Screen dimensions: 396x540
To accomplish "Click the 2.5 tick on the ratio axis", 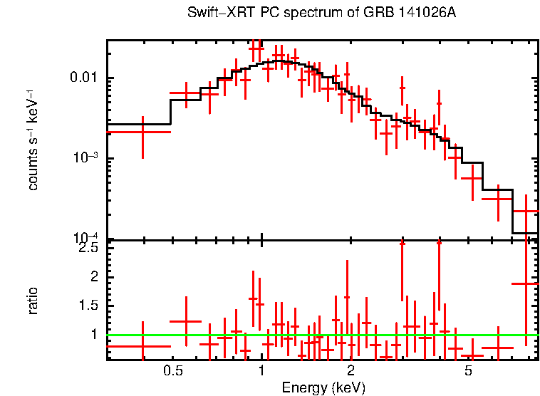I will (x=88, y=248).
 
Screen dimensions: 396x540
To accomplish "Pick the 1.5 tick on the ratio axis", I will (x=88, y=306).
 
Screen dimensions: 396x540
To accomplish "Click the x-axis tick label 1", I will (x=261, y=371).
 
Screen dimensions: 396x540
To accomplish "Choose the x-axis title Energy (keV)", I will (x=323, y=387).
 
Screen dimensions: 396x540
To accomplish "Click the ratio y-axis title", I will (x=33, y=300).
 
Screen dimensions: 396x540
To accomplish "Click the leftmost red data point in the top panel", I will (x=142, y=132).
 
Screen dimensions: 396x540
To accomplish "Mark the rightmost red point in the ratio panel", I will (x=526, y=283).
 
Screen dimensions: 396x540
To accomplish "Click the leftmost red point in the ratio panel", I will (x=142, y=346).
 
